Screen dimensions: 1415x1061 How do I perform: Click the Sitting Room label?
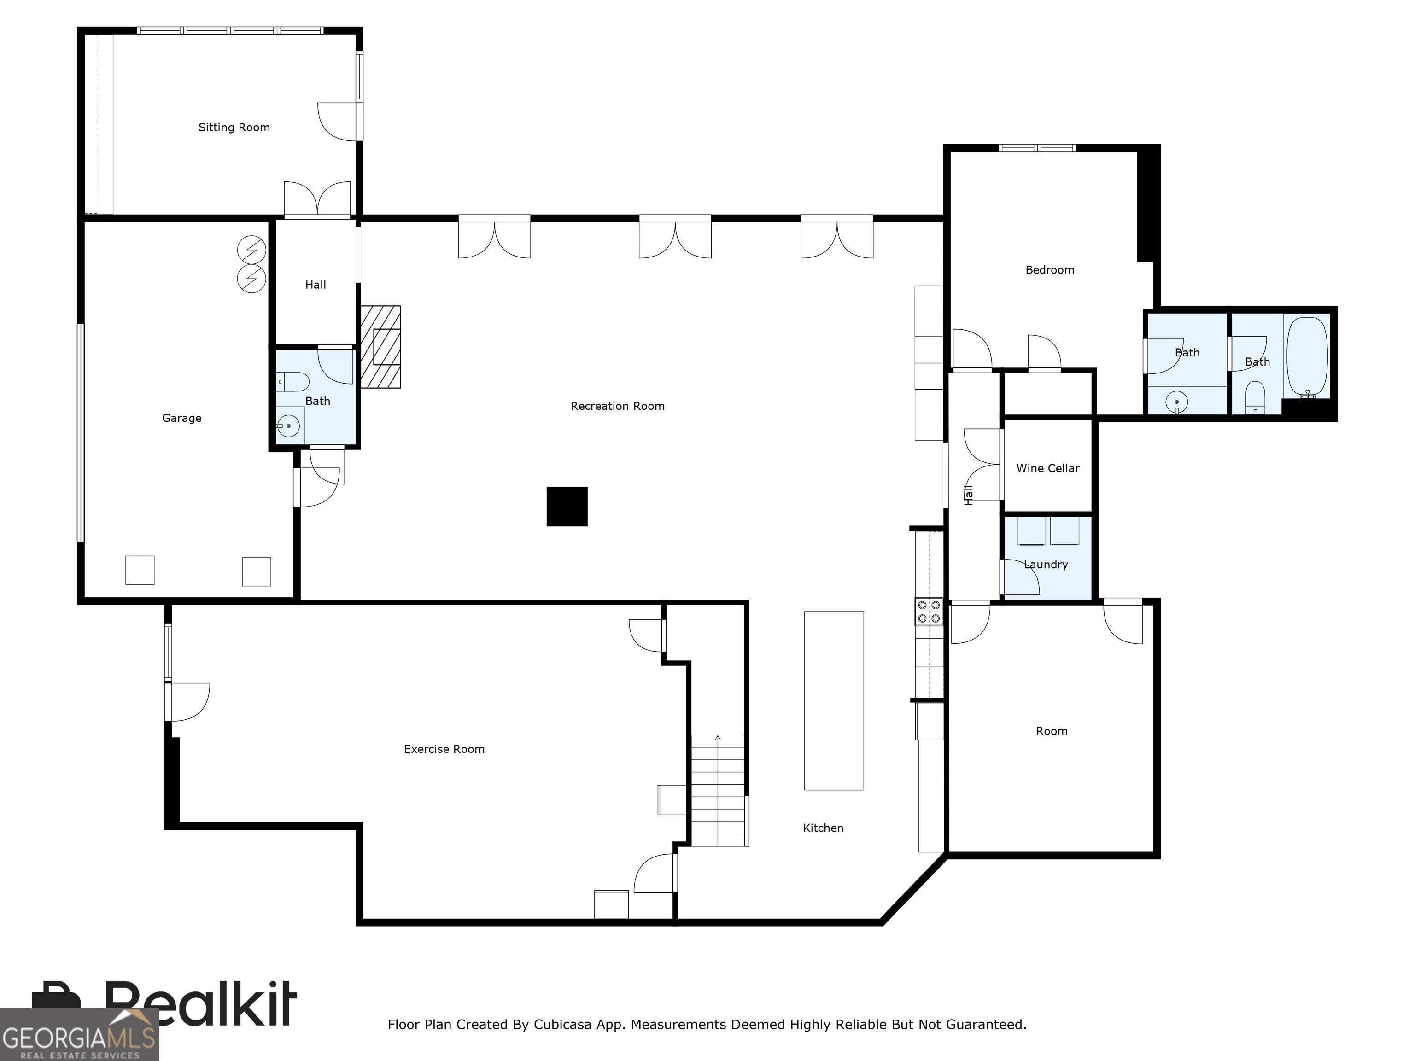[x=234, y=127]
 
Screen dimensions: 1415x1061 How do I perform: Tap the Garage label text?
[x=181, y=418]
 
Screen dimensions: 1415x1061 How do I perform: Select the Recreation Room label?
[x=617, y=406]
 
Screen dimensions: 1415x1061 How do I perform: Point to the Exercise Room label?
[x=444, y=749]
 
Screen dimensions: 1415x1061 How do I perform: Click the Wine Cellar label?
[x=1048, y=468]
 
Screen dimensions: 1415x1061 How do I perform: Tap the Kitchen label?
[x=823, y=828]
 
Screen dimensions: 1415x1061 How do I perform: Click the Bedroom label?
[x=1050, y=270]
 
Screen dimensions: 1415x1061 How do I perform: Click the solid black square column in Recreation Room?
[x=567, y=507]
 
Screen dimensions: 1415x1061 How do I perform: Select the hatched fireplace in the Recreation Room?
[x=380, y=347]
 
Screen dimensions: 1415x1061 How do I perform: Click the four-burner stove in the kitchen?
[x=929, y=612]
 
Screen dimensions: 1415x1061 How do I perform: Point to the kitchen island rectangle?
[x=834, y=700]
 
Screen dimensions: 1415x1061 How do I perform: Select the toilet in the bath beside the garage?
[x=293, y=382]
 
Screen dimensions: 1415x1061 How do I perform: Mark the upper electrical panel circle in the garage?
[x=251, y=250]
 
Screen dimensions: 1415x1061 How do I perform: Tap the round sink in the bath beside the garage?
[x=288, y=426]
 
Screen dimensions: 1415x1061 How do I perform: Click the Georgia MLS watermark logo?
[x=79, y=1035]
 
